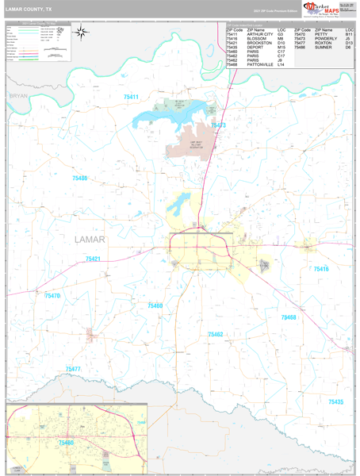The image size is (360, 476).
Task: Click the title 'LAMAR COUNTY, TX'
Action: click(29, 10)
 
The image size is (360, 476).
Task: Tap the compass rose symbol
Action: click(81, 33)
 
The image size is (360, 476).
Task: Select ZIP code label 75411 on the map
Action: click(131, 97)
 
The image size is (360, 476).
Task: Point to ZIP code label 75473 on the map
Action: click(218, 125)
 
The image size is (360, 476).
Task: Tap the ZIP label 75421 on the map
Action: click(94, 259)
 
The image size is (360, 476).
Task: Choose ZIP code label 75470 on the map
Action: click(52, 295)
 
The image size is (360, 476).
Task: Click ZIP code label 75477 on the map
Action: click(73, 369)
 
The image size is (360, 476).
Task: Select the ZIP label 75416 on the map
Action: click(321, 270)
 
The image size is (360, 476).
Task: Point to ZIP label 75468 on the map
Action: click(289, 317)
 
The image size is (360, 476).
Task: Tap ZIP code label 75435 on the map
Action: click(335, 402)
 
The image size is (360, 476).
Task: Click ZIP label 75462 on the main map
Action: click(216, 335)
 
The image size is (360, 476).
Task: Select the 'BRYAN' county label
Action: click(17, 95)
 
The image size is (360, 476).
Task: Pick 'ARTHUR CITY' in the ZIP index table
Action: click(260, 34)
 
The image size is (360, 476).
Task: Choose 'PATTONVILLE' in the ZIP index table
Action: click(260, 64)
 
